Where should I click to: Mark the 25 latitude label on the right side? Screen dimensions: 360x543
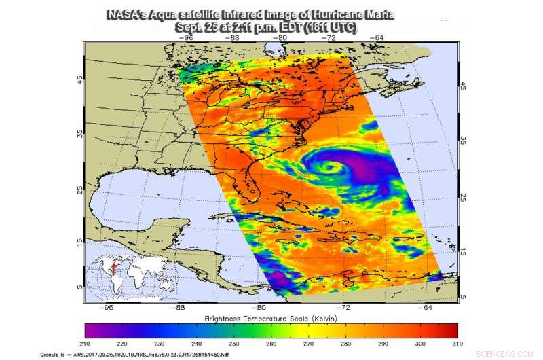point(463,198)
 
